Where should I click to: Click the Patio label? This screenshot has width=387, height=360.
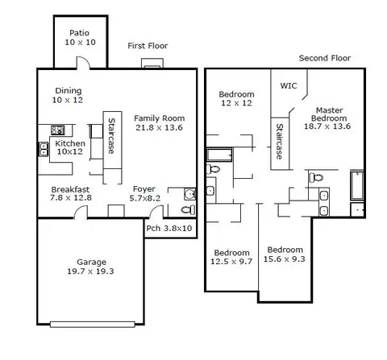click(79, 33)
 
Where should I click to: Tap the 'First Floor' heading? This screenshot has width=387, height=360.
click(148, 46)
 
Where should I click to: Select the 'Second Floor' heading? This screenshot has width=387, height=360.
click(325, 58)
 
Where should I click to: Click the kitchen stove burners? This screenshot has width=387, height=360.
click(58, 130)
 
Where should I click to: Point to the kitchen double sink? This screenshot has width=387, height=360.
click(44, 149)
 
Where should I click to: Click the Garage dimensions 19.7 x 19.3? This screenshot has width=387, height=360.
click(90, 271)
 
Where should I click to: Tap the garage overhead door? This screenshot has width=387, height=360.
click(93, 325)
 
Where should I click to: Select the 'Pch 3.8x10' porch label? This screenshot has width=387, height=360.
click(169, 228)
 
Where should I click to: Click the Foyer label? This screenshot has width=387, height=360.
click(144, 189)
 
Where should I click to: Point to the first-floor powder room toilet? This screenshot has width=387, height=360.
click(188, 209)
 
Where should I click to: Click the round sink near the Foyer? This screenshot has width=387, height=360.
click(190, 194)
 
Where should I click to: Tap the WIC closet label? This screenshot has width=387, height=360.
click(289, 85)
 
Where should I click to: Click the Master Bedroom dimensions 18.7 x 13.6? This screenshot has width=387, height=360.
click(327, 126)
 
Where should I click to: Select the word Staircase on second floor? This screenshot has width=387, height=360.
click(280, 142)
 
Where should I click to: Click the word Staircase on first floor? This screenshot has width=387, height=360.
click(111, 136)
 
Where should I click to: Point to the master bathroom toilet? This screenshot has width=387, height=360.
click(316, 177)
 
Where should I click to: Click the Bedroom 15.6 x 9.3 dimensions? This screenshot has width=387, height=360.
click(284, 259)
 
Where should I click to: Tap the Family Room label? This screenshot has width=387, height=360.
click(159, 118)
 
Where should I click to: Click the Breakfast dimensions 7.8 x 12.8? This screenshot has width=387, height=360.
click(71, 198)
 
